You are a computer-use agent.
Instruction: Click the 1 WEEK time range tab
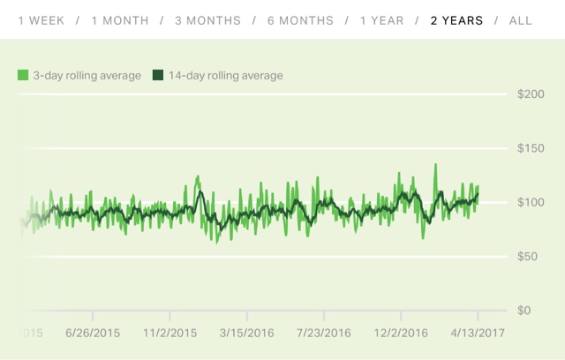click(41, 20)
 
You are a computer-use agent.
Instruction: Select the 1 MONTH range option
click(119, 20)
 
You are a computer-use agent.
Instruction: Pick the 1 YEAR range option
click(383, 20)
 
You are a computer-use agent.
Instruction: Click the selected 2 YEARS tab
click(456, 20)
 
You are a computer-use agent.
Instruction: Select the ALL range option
click(521, 20)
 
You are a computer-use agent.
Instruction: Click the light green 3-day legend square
click(23, 76)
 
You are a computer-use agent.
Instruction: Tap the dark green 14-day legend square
click(158, 76)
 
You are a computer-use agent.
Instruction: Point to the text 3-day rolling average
click(87, 76)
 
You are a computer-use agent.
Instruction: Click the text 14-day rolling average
click(224, 76)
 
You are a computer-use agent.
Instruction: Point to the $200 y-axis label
click(531, 94)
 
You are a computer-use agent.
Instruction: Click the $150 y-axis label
click(531, 148)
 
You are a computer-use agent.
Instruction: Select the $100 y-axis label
click(531, 203)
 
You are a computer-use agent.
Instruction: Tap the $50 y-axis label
click(531, 257)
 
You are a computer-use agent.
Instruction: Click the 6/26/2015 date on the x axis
click(92, 333)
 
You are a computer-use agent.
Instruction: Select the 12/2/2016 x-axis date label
click(400, 333)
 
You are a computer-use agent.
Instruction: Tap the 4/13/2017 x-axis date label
click(478, 333)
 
